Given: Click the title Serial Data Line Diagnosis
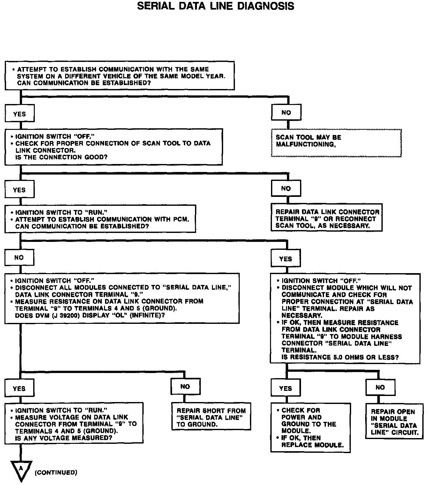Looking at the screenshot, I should click(x=215, y=6).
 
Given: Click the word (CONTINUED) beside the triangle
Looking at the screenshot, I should click(x=56, y=473).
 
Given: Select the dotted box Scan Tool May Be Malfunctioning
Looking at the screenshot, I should click(x=336, y=143).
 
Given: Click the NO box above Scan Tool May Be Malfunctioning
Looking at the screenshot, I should click(x=286, y=113).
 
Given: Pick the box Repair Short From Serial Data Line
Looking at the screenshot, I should click(x=211, y=417).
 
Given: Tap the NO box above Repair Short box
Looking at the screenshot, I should click(x=185, y=387).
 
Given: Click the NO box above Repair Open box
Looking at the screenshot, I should click(x=380, y=387).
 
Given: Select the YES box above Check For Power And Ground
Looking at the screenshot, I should click(x=285, y=388).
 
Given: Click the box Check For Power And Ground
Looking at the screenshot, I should click(x=310, y=428).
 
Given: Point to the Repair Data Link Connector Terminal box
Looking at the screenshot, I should click(x=327, y=219).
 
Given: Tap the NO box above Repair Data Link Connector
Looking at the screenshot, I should click(x=286, y=189).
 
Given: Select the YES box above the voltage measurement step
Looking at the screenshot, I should click(x=19, y=389).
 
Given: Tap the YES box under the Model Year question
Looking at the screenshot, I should click(x=19, y=114).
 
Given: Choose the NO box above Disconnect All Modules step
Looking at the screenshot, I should click(x=19, y=257).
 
